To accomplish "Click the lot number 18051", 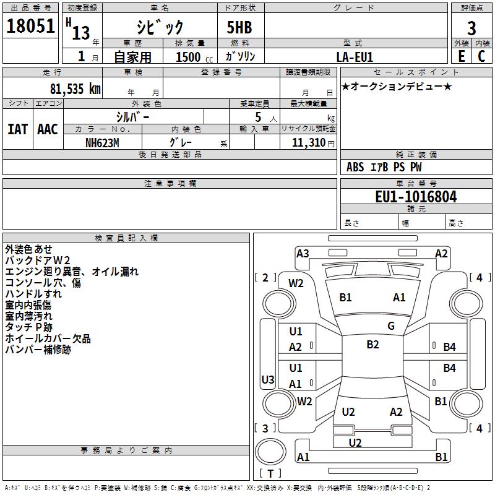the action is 30,26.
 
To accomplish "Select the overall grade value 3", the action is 471,28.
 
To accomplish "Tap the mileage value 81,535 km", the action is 75,89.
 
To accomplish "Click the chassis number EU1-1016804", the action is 416,197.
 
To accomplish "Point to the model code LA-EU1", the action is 355,57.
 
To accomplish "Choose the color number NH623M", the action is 102,143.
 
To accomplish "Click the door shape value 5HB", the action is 239,27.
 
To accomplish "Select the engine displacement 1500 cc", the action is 194,57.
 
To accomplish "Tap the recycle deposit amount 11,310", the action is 308,143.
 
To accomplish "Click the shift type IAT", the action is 18,129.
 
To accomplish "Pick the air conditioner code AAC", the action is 48,129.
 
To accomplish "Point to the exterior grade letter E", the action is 461,56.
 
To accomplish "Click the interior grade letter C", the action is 481,56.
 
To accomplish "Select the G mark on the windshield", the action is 391,326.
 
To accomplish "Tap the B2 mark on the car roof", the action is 372,345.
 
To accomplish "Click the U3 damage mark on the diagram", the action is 268,379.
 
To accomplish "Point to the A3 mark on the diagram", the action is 303,254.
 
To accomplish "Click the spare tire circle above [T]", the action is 270,452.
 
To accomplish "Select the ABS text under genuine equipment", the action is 355,167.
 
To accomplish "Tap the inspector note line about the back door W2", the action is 38,260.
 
